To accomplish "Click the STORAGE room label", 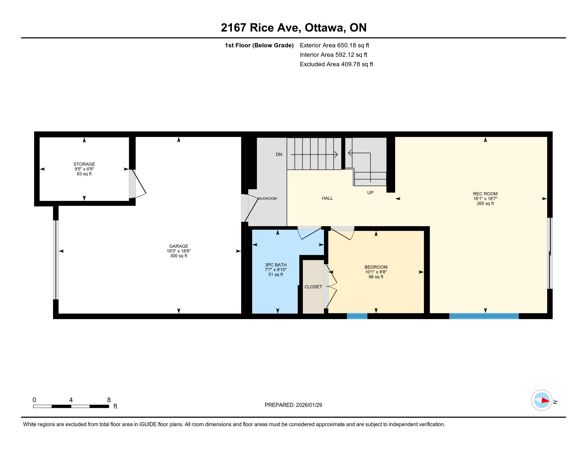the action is click(x=84, y=164).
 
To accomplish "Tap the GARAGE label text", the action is click(x=179, y=246).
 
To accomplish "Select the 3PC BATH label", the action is click(x=276, y=265).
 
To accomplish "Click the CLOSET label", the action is click(x=313, y=287).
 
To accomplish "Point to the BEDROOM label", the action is click(x=376, y=267).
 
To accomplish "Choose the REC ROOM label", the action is click(x=485, y=194).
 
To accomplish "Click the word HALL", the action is click(x=327, y=198).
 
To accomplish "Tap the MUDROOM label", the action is click(x=267, y=198).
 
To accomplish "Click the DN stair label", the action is click(x=279, y=154).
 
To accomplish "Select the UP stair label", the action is click(x=370, y=193).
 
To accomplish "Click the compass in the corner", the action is click(x=542, y=400).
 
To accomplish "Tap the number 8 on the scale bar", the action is click(x=109, y=400).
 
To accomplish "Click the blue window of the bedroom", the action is click(x=357, y=316).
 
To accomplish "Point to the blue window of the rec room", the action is click(x=484, y=316).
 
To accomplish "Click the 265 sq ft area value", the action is click(x=485, y=203).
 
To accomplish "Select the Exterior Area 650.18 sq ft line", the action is click(x=334, y=45).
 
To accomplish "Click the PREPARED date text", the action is click(x=293, y=405).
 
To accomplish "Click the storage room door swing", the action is click(x=139, y=184).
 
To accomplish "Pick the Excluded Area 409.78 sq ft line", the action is click(x=336, y=64).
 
